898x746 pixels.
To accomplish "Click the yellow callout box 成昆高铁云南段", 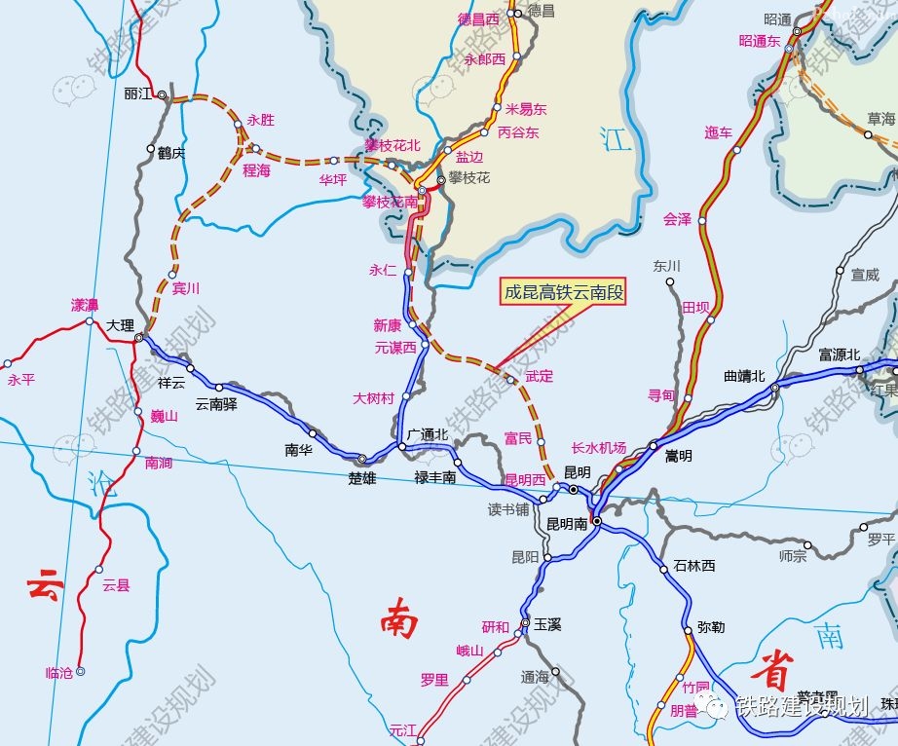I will coord(563,293).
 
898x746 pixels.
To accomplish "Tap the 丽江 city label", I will coord(140,93).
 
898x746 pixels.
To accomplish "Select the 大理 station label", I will coord(121,325).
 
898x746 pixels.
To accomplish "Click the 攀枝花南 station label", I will coord(390,203).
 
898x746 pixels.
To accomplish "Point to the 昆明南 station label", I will coord(567,524).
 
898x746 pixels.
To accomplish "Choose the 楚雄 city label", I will coord(361,478).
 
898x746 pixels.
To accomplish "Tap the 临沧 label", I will coord(59,673).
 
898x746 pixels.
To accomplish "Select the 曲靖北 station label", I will coord(745,376).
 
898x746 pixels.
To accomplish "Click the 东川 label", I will coord(667,266).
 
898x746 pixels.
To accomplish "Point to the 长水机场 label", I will coord(599,448).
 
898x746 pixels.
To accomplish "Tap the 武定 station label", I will coord(539,375).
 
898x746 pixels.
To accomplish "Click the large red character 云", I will coord(45,588).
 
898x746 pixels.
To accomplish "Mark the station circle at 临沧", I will coord(81,671).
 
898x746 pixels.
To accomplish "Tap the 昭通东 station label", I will coord(760,41).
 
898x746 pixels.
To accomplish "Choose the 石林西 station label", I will coord(694,566).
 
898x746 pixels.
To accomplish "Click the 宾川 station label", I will coord(185,288).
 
